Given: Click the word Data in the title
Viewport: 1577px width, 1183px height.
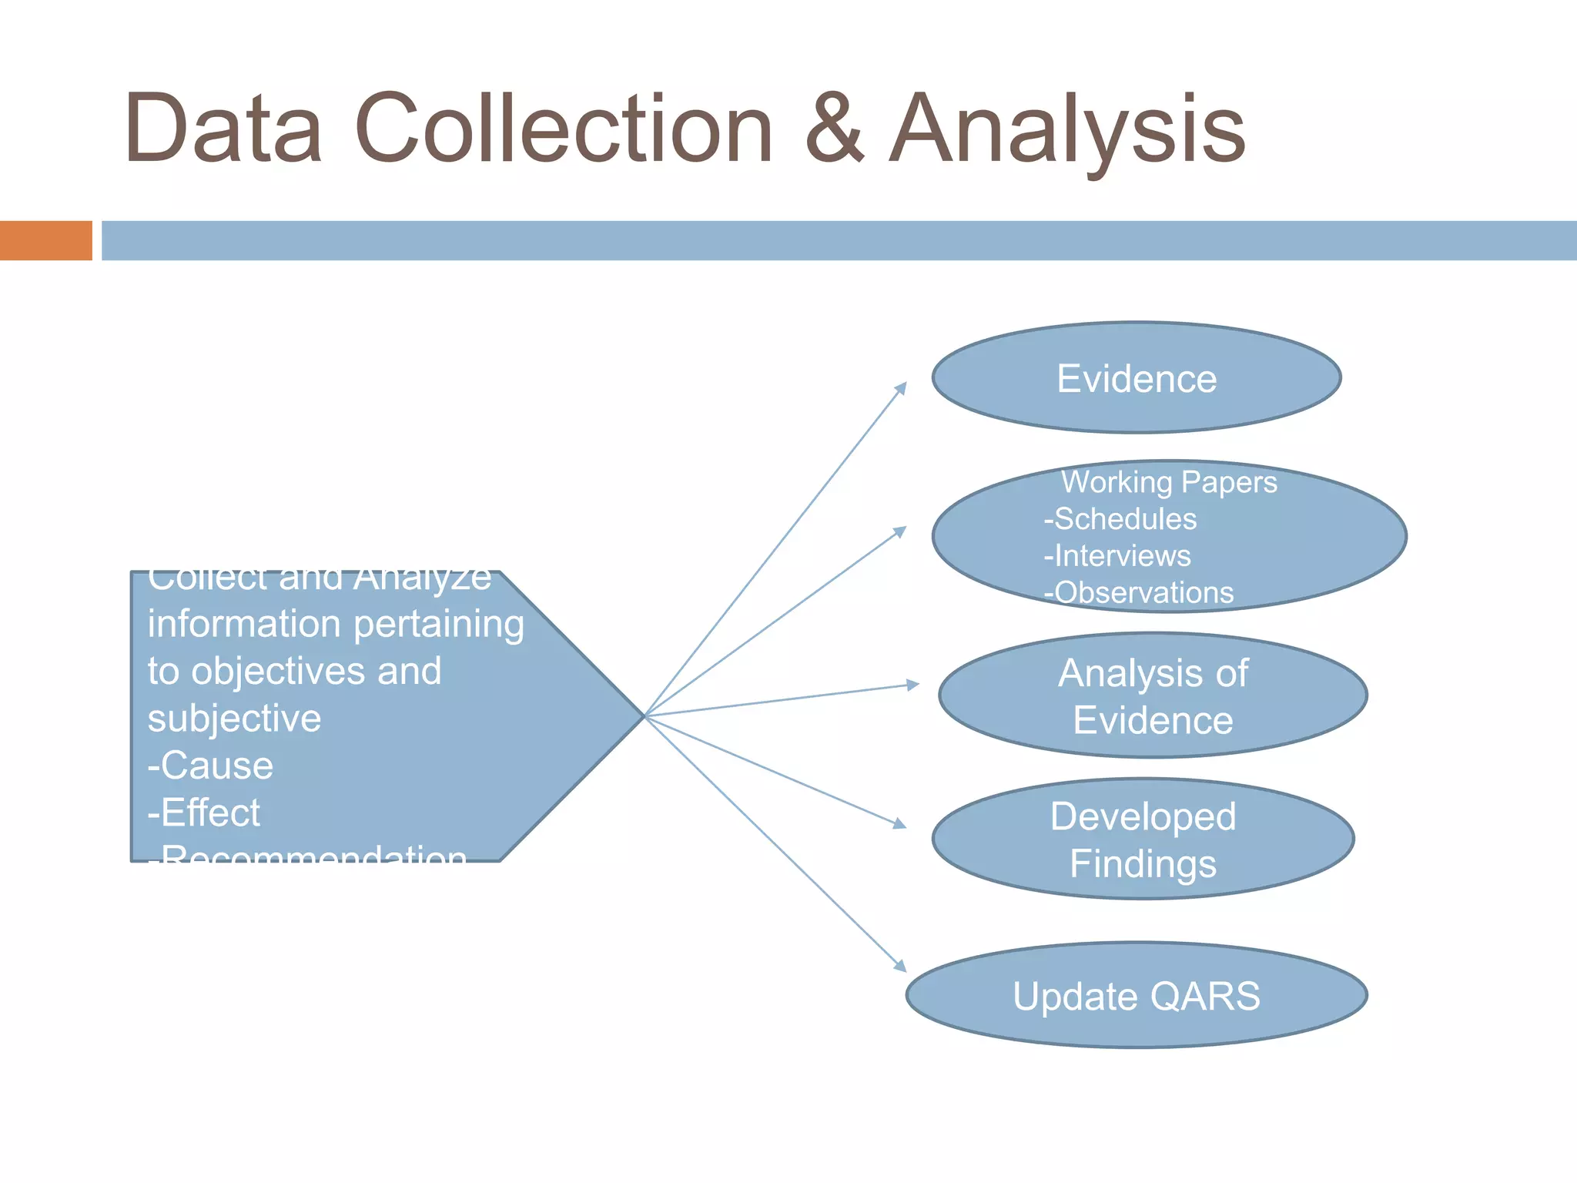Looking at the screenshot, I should pyautogui.click(x=223, y=129).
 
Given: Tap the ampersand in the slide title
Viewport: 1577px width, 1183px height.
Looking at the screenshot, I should pyautogui.click(x=835, y=129).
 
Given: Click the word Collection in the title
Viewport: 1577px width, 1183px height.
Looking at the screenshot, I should pyautogui.click(x=564, y=129).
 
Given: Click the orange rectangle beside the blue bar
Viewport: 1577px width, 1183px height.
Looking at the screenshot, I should pyautogui.click(x=45, y=240).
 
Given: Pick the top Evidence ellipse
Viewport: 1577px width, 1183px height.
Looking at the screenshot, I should pyautogui.click(x=1137, y=378).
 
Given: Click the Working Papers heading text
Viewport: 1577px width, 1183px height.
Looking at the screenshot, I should pyautogui.click(x=1169, y=482).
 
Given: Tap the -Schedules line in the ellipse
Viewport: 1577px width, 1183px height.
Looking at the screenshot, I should pyautogui.click(x=1120, y=519).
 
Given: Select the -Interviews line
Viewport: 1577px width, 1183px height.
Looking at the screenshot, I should pyautogui.click(x=1117, y=556).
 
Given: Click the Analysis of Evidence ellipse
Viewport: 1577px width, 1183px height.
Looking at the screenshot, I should pyautogui.click(x=1153, y=696).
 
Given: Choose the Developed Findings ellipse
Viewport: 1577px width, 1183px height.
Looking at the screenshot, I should pyautogui.click(x=1143, y=839).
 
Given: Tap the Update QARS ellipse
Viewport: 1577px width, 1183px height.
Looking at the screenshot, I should pyautogui.click(x=1137, y=996).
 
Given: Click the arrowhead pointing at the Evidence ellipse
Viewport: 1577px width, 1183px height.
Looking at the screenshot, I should pyautogui.click(x=902, y=387).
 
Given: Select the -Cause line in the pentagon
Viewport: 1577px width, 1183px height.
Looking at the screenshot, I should pyautogui.click(x=210, y=766).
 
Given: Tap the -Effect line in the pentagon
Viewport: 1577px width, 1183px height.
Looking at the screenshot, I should pyautogui.click(x=204, y=813).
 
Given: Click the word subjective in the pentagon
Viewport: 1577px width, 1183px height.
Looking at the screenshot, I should pyautogui.click(x=234, y=719).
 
